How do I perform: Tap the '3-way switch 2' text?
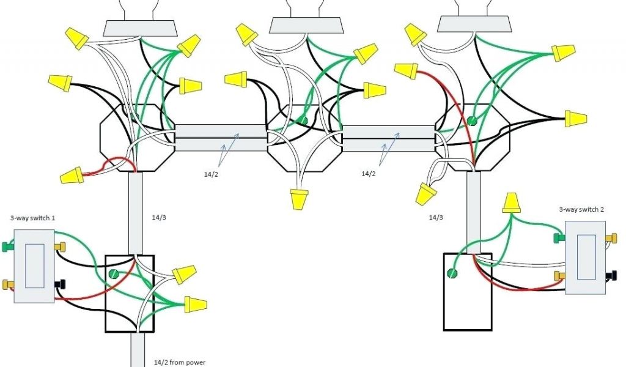(x=581, y=209)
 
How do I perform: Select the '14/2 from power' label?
(x=178, y=362)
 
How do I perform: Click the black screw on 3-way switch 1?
(x=60, y=284)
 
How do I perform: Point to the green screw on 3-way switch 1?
(x=8, y=247)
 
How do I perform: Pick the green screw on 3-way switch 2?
(x=558, y=237)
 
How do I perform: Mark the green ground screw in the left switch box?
(x=112, y=276)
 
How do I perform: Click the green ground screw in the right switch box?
(x=452, y=273)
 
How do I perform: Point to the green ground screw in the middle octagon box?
(x=302, y=122)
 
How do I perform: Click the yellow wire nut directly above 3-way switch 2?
(x=511, y=203)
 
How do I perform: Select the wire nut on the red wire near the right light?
(x=406, y=71)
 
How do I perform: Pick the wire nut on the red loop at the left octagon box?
(x=72, y=176)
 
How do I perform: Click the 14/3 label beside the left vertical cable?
(x=158, y=217)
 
